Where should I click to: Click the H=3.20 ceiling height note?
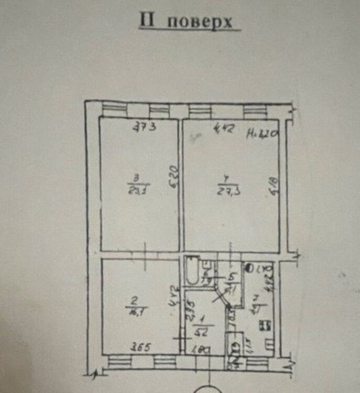[262, 133]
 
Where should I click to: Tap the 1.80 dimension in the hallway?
[205, 350]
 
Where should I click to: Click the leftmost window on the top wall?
[111, 110]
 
